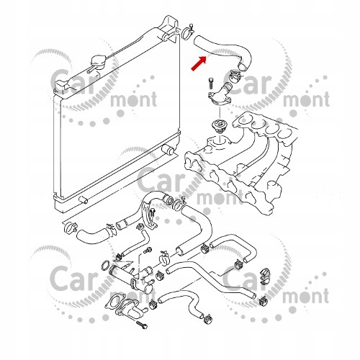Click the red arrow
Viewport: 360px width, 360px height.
pos(199,63)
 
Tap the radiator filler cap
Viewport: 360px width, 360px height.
pos(97,63)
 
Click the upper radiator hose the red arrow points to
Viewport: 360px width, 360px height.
pos(223,53)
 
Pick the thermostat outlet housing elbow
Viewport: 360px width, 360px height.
pos(221,94)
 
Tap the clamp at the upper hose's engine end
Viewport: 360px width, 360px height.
pos(235,75)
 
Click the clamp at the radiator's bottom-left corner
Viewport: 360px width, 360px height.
pos(70,228)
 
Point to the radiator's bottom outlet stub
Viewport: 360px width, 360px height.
pos(83,199)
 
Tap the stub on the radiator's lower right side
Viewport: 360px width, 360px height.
pos(169,150)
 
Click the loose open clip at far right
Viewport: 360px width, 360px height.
pos(264,276)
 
